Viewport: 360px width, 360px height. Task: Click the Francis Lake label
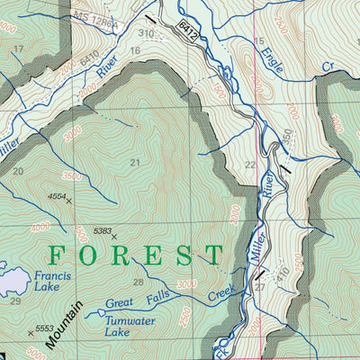click(x=49, y=284)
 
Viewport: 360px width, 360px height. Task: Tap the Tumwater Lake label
click(x=130, y=327)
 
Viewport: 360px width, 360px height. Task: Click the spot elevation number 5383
click(x=102, y=231)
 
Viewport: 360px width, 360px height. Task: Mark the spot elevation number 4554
click(x=57, y=194)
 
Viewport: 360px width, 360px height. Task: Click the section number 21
click(x=135, y=163)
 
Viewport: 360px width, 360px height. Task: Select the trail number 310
click(x=146, y=33)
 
